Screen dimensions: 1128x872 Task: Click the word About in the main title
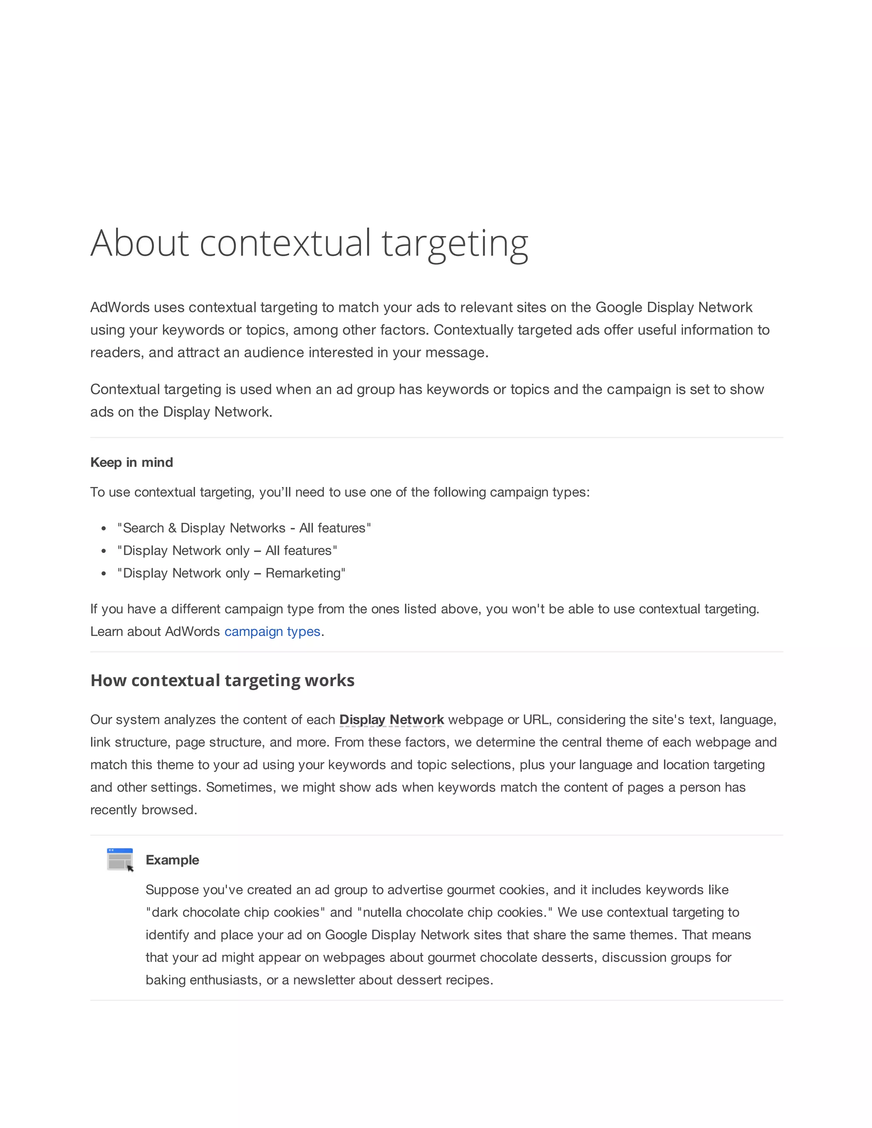(140, 243)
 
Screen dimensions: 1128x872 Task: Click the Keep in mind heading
(131, 462)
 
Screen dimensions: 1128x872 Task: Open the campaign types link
(272, 632)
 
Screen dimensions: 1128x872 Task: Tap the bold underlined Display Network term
(391, 719)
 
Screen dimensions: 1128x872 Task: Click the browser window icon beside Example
(120, 859)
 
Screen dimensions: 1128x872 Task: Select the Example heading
(172, 860)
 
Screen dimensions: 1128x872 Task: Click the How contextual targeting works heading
(222, 680)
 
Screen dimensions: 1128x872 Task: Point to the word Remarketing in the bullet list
(303, 573)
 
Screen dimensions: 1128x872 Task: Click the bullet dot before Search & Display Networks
(104, 528)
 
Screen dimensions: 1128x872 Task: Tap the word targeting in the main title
(455, 243)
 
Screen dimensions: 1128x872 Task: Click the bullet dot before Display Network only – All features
(104, 551)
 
